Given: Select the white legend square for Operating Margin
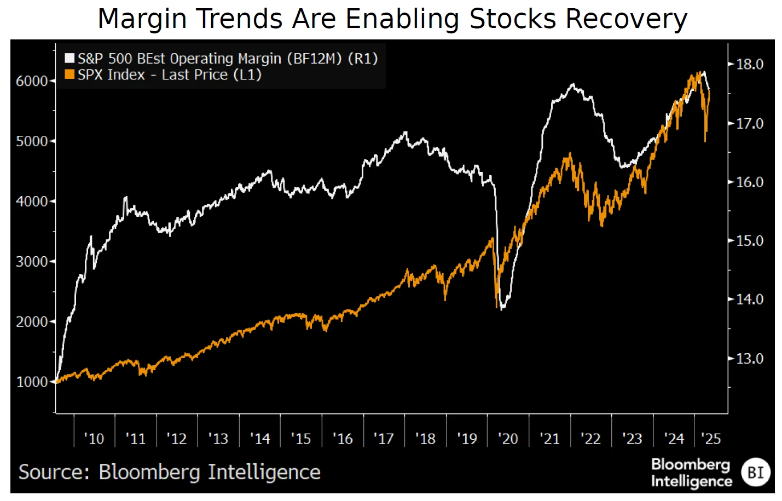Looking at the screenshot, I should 69,59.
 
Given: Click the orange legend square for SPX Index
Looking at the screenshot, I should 69,74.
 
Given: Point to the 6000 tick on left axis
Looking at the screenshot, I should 32,81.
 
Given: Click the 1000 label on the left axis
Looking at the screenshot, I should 32,382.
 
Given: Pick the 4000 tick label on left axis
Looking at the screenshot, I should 32,201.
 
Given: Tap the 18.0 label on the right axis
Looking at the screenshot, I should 749,65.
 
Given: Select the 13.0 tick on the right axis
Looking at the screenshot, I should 749,359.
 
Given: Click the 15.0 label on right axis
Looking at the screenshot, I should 749,241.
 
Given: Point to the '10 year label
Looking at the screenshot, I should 94,439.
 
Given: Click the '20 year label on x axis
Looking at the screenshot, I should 507,439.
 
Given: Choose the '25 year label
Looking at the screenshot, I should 710,439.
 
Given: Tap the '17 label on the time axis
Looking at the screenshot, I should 383,439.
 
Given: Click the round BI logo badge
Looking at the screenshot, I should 755,473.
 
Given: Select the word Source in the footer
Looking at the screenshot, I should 54,472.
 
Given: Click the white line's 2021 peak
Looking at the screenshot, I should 572,84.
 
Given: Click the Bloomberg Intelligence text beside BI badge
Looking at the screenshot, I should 691,473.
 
